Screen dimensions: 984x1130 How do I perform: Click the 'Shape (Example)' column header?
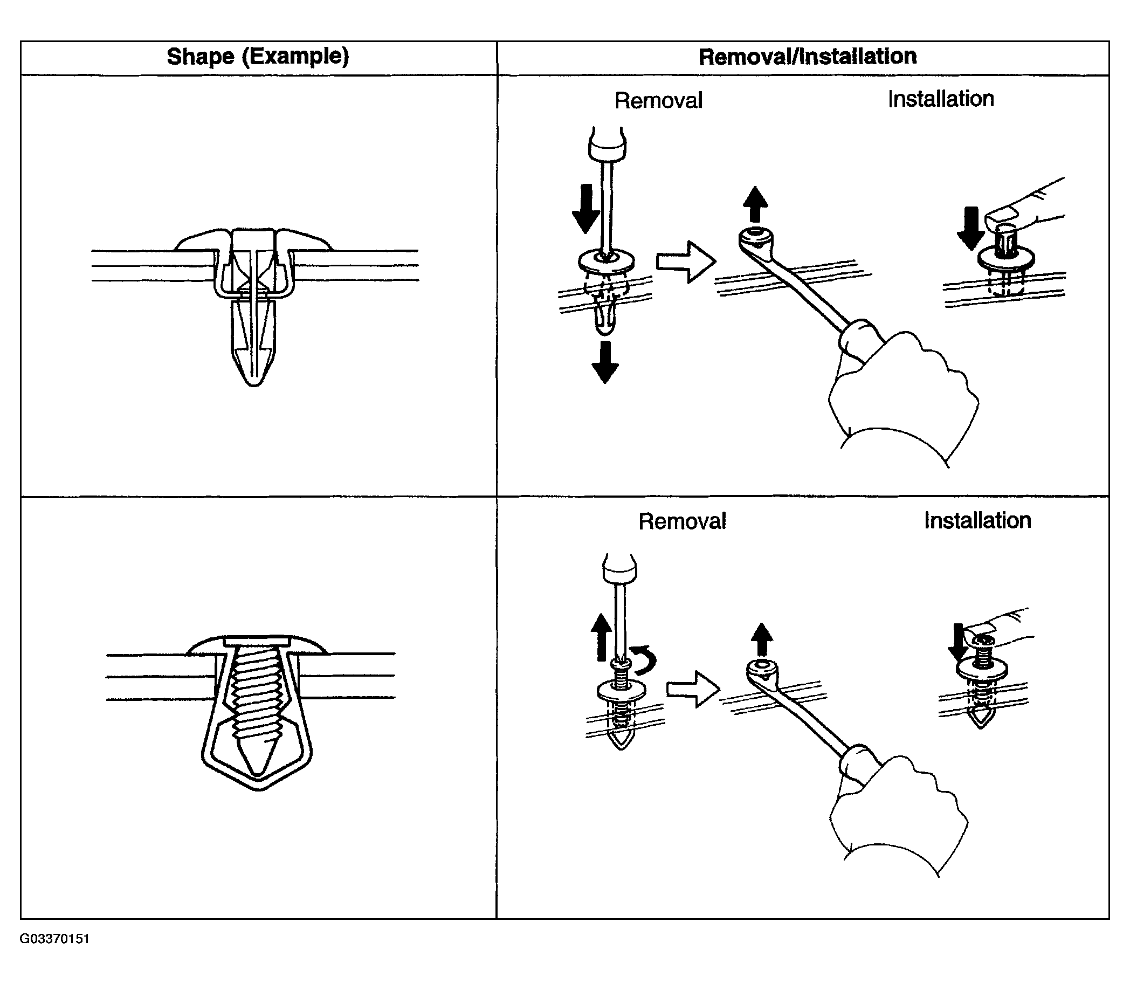pyautogui.click(x=258, y=57)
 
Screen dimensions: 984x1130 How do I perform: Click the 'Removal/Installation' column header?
pyautogui.click(x=807, y=57)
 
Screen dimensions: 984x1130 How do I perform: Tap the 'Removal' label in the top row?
pyautogui.click(x=658, y=100)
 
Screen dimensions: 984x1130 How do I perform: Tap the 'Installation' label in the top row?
pyautogui.click(x=941, y=99)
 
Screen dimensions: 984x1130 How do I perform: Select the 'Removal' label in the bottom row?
pyautogui.click(x=682, y=521)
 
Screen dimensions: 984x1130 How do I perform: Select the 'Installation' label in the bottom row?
pyautogui.click(x=977, y=520)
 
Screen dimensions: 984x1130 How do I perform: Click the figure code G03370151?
pyautogui.click(x=54, y=938)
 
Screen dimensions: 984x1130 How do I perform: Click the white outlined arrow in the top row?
pyautogui.click(x=686, y=262)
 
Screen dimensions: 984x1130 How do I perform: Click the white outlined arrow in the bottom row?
pyautogui.click(x=693, y=689)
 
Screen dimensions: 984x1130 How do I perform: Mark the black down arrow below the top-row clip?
pyautogui.click(x=605, y=362)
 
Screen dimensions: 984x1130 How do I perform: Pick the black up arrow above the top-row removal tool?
pyautogui.click(x=755, y=204)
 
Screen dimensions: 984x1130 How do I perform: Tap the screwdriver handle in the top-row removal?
pyautogui.click(x=607, y=144)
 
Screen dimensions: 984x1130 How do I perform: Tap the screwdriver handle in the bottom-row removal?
pyautogui.click(x=620, y=569)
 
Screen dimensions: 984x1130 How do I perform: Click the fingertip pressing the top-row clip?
pyautogui.click(x=1005, y=217)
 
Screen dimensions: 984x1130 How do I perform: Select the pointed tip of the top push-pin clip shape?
pyautogui.click(x=254, y=379)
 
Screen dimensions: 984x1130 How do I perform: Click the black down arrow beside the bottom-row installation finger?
pyautogui.click(x=958, y=643)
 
